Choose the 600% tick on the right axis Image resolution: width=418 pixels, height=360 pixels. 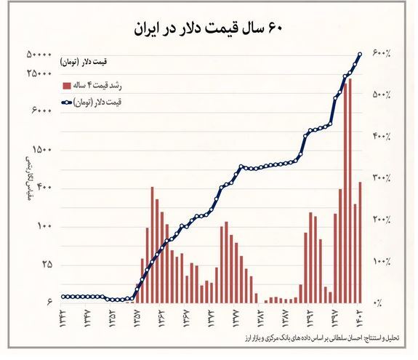pyautogui.click(x=382, y=54)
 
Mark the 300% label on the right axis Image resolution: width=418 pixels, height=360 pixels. pyautogui.click(x=382, y=177)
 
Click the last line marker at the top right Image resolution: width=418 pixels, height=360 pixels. pyautogui.click(x=360, y=55)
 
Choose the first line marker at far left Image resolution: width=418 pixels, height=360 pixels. pyautogui.click(x=63, y=296)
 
